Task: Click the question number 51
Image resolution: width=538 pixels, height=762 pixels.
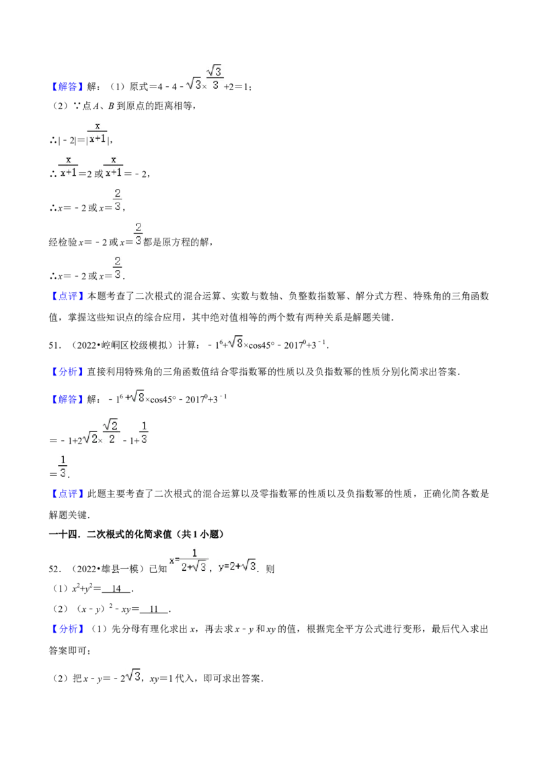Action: click(54, 345)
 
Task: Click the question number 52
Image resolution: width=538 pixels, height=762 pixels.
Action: click(54, 569)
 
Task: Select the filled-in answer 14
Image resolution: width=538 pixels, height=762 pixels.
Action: click(116, 588)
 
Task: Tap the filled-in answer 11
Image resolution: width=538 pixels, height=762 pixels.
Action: click(154, 609)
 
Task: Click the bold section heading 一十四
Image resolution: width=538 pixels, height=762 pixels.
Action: click(63, 534)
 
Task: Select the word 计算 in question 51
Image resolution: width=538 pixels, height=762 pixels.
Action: click(187, 345)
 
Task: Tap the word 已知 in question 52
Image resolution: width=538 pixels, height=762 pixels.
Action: click(158, 569)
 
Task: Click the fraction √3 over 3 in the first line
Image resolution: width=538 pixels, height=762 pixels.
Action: click(215, 78)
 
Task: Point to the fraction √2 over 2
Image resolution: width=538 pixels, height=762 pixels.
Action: click(111, 431)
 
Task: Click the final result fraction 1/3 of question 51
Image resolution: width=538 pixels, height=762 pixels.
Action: click(63, 466)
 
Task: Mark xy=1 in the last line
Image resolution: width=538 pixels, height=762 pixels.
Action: click(161, 679)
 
